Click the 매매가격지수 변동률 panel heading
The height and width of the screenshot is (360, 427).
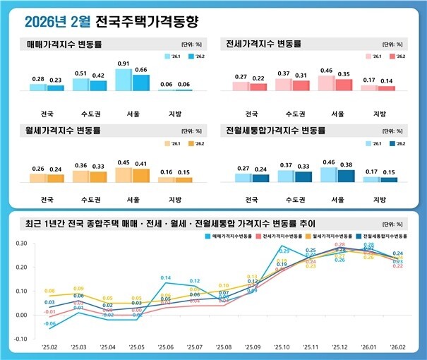tap(64, 44)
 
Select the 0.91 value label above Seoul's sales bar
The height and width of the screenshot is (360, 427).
tap(123, 64)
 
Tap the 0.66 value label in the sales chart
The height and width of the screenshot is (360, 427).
tap(140, 69)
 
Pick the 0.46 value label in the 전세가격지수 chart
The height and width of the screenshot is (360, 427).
tap(326, 71)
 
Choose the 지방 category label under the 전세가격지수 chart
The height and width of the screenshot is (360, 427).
tap(379, 114)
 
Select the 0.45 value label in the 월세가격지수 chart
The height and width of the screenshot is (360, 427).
tap(123, 162)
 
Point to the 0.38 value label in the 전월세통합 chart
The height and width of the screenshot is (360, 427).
tap(344, 165)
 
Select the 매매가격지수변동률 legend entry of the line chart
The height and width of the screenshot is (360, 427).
tap(234, 236)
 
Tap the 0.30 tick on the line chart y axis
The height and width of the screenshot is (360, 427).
tap(22, 243)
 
